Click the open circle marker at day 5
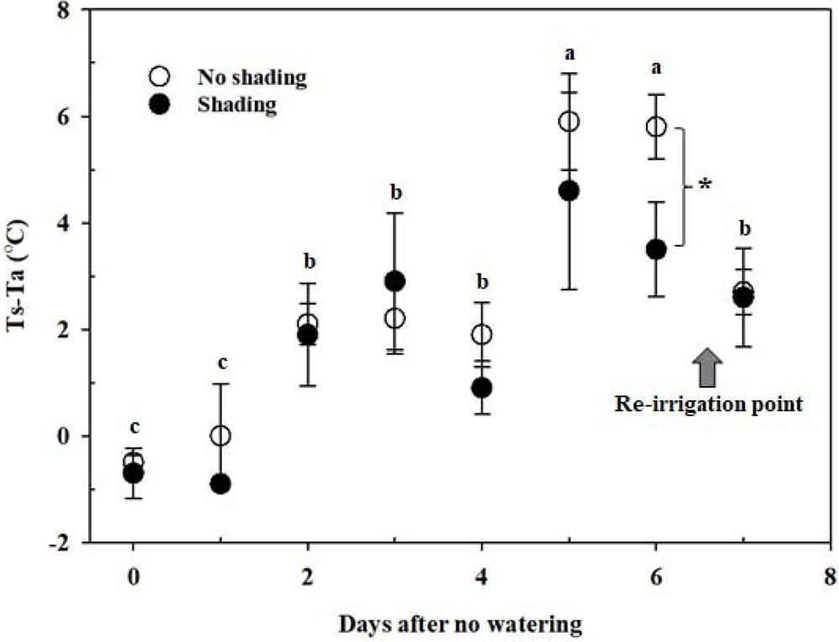[569, 122]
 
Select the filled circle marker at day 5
[569, 191]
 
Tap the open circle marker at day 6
[656, 127]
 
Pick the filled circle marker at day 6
[656, 249]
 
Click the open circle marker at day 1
[221, 436]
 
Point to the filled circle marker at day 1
[221, 483]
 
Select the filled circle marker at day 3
[394, 281]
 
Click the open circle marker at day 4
[482, 335]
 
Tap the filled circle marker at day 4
[482, 388]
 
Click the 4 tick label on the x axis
[482, 579]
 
